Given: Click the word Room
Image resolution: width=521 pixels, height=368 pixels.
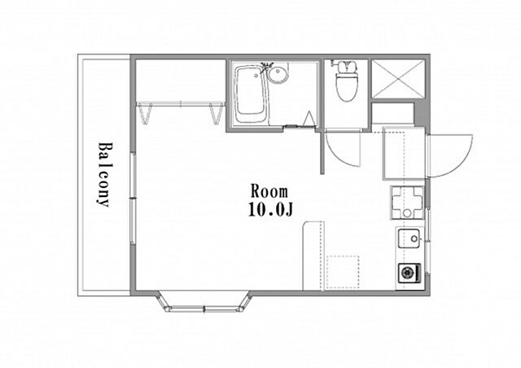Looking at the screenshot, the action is [269, 191].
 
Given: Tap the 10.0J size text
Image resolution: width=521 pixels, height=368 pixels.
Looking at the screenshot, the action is [270, 209].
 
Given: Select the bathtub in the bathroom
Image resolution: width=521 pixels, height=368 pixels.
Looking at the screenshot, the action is [250, 94].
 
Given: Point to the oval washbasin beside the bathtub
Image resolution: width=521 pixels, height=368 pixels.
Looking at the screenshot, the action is [278, 74].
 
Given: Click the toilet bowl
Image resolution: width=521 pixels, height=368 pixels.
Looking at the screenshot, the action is [346, 85].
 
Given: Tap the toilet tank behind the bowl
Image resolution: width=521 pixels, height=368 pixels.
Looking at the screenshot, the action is [346, 66].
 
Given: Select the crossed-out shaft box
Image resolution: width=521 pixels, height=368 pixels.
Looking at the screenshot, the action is [398, 79].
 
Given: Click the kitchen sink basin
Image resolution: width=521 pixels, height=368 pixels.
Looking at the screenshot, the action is [410, 238].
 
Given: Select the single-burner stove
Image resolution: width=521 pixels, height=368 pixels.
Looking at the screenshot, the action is [409, 274].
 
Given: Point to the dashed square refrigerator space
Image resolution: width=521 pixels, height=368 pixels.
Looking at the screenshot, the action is [343, 272].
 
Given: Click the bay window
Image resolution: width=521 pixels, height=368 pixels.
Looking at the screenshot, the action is [204, 303].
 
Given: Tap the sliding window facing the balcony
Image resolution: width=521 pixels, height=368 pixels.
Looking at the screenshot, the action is [133, 199].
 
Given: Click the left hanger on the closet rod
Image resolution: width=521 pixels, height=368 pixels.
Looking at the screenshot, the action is [146, 113].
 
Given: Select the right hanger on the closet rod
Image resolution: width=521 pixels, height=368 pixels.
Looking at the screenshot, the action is [216, 113].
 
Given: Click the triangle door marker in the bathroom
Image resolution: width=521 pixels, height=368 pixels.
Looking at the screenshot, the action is [309, 119].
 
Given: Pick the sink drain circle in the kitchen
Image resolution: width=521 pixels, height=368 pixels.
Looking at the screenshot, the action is [414, 239].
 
